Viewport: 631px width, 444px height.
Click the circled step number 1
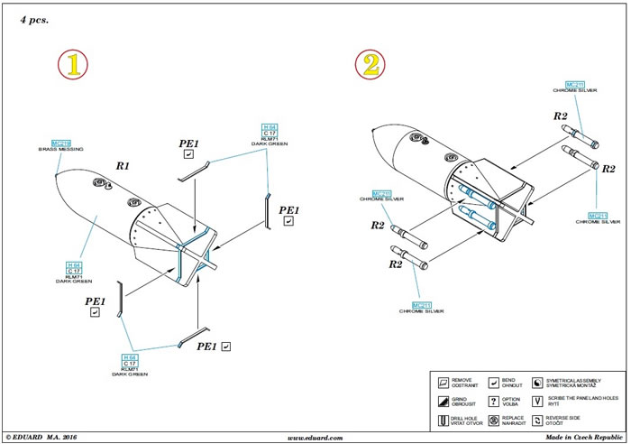point(72,64)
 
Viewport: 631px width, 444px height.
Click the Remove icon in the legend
point(442,382)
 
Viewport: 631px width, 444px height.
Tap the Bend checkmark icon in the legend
point(493,382)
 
